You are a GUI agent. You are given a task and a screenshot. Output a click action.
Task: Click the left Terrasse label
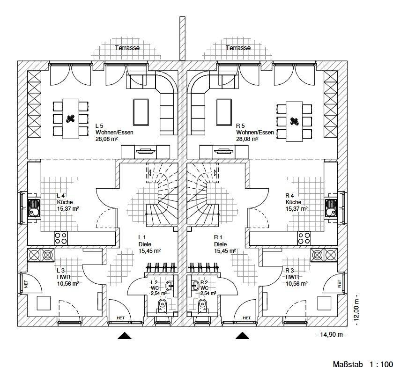127,48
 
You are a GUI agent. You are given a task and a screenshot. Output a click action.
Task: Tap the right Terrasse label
238,48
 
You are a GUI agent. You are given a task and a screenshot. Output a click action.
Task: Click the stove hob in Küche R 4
304,238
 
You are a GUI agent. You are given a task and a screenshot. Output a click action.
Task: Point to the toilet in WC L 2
163,306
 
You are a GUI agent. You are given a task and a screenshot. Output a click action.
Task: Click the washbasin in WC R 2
195,285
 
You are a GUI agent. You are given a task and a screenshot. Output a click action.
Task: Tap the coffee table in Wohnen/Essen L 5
141,112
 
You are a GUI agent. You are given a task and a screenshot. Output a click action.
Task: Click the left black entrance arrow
125,335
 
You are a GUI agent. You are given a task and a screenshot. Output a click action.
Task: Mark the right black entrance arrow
242,335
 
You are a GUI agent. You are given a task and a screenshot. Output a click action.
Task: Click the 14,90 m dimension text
332,334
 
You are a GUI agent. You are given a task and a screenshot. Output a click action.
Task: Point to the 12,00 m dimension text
356,309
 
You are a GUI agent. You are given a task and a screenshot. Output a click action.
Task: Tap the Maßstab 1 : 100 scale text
363,364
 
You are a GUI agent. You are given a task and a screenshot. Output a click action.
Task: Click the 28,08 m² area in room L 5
106,139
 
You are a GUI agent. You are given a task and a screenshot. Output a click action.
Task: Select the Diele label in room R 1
220,244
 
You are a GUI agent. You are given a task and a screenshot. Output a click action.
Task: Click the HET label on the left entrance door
120,318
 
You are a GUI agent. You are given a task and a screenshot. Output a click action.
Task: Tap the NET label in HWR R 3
340,284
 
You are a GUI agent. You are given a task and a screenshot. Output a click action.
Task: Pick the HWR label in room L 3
64,277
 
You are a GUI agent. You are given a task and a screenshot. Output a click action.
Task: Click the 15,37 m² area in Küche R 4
297,208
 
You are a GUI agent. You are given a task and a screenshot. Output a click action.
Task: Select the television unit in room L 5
145,152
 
